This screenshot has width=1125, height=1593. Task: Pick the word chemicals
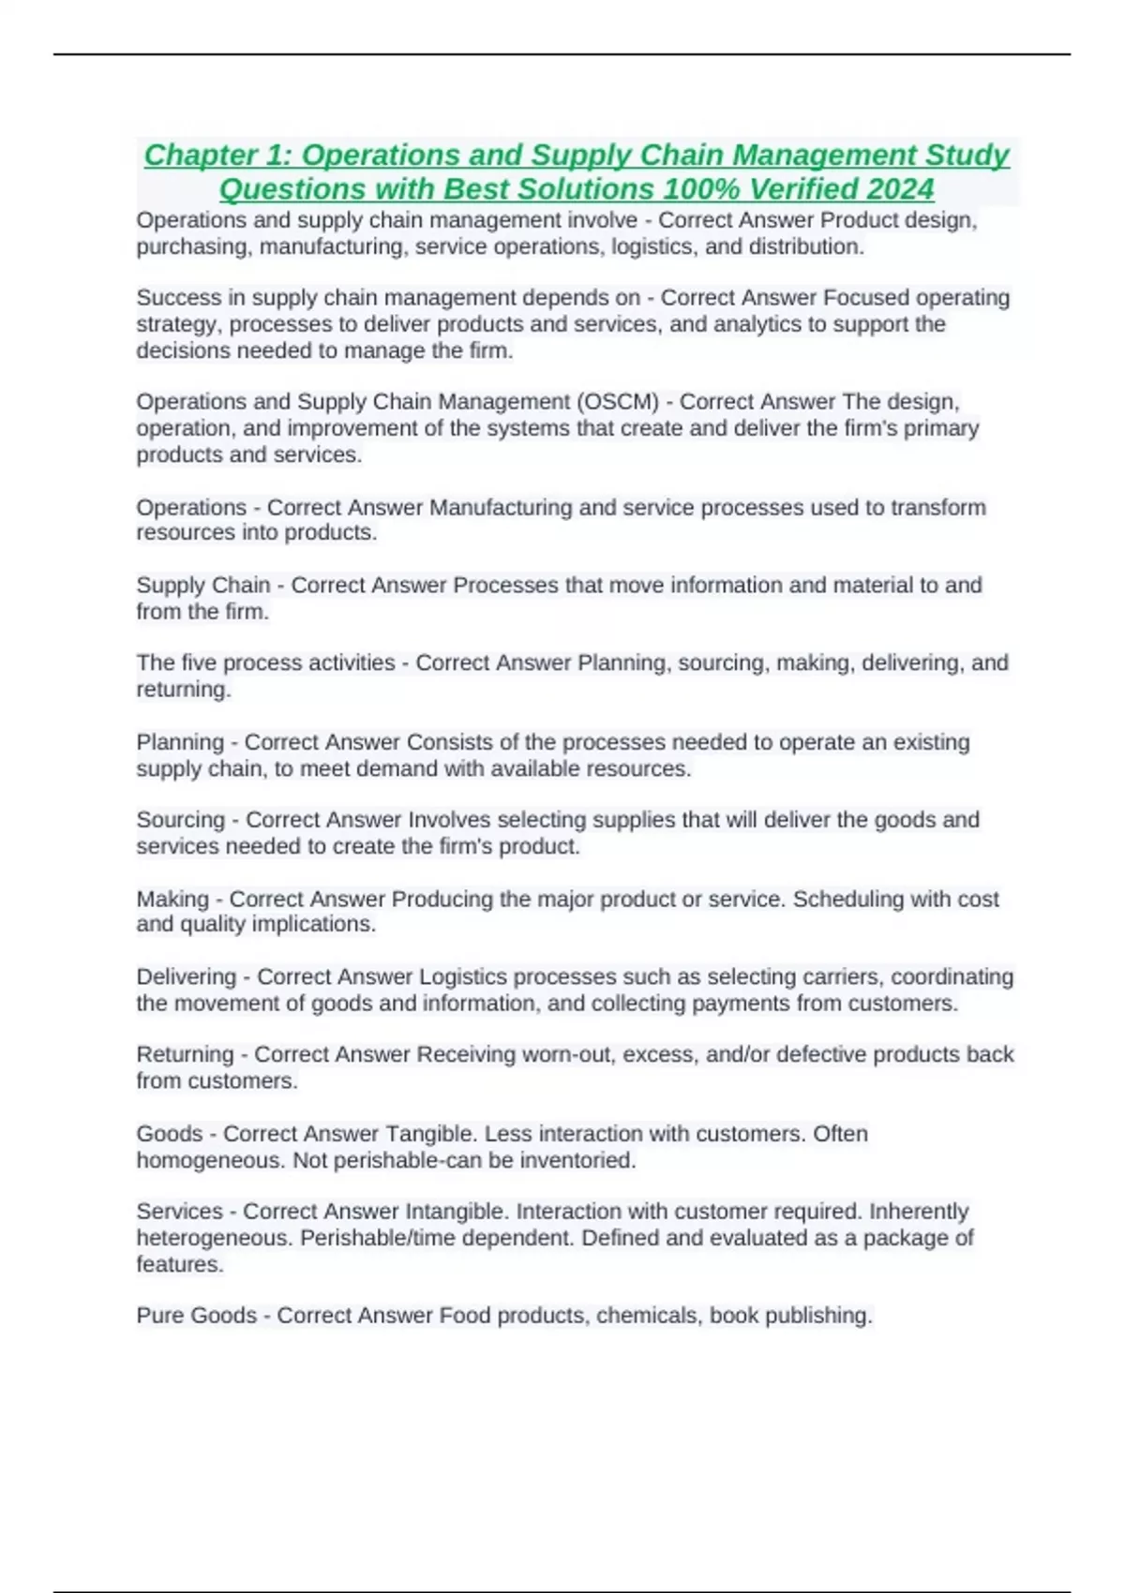click(x=648, y=1316)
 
